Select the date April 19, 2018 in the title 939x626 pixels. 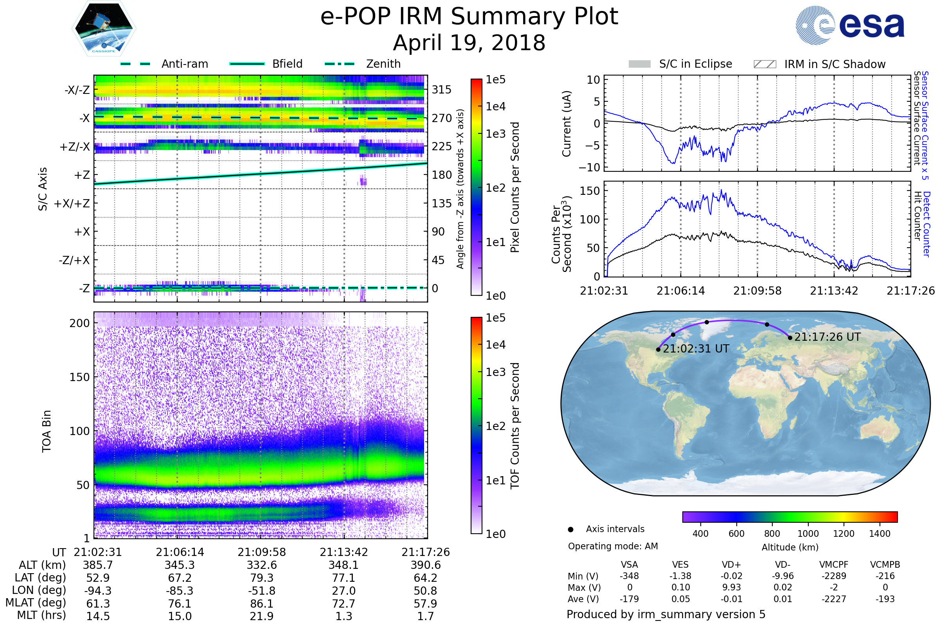(x=469, y=43)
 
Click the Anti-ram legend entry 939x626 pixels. (x=184, y=64)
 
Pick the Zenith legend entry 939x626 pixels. (x=383, y=64)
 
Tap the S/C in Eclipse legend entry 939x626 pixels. (x=695, y=64)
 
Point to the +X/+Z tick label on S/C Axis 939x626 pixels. (x=72, y=203)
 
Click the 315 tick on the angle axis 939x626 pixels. (x=441, y=90)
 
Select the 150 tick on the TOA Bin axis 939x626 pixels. (x=79, y=377)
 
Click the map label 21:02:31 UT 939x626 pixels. (x=696, y=349)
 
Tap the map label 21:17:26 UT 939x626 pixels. (x=827, y=337)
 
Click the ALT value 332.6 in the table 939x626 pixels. (x=261, y=565)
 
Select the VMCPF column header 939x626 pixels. (x=834, y=565)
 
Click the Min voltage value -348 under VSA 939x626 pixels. (x=629, y=576)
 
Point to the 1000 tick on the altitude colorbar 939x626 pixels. (x=808, y=534)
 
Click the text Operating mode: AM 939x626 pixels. (x=613, y=546)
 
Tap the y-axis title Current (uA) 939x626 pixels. (x=567, y=124)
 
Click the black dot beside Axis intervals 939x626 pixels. (x=570, y=529)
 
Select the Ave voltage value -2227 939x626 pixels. (x=834, y=599)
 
